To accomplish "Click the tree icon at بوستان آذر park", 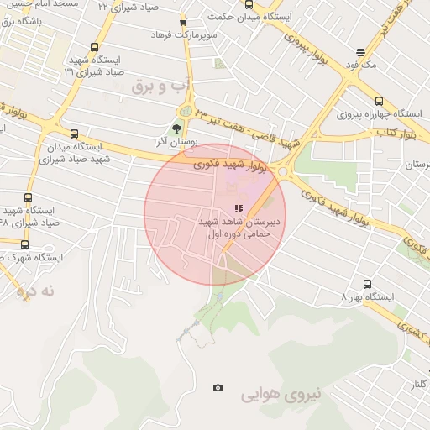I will click(176, 128).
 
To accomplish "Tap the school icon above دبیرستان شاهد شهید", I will click(239, 208).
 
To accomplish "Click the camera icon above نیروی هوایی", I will click(218, 387).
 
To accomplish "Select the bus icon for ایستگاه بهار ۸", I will click(367, 285).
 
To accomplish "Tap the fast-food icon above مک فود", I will click(360, 51).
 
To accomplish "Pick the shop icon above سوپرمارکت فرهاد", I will click(184, 23).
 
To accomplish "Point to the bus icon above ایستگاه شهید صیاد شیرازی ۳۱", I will click(93, 49).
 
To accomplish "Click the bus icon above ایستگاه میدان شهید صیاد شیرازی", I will click(74, 134).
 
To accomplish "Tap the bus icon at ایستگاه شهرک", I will click(24, 245).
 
